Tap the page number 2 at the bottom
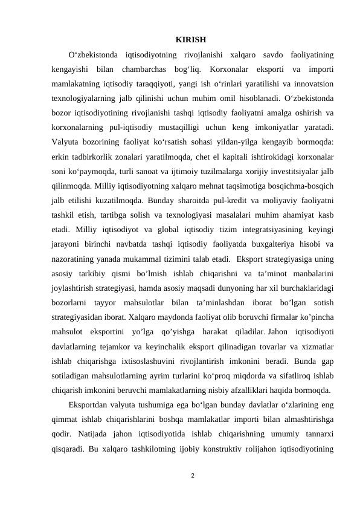(x=191, y=476)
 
